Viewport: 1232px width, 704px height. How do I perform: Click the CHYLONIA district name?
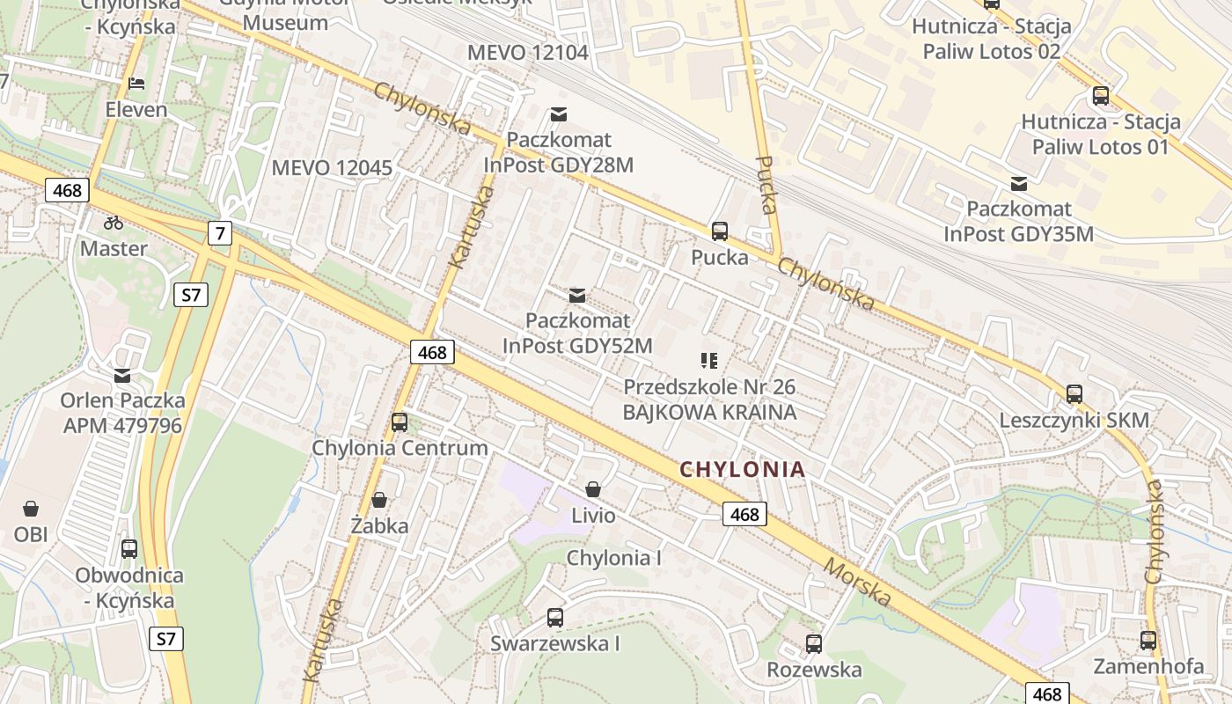coord(743,469)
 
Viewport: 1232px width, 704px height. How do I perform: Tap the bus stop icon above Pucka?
coord(720,231)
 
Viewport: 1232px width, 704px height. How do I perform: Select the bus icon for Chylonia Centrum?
coord(400,422)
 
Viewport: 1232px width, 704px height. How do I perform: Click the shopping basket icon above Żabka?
coord(379,501)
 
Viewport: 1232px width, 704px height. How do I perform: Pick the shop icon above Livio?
coord(594,489)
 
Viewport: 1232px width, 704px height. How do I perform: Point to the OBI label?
coord(31,534)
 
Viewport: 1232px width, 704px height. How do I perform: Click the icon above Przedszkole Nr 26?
coord(709,360)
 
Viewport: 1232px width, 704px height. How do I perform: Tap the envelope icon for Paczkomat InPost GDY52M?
coord(577,296)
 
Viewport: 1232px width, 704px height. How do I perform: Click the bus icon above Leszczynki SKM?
coord(1074,394)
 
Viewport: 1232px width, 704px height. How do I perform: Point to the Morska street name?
coord(858,582)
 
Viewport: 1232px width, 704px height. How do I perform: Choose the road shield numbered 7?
coord(220,233)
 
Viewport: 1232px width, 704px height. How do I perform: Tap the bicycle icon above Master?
coord(114,223)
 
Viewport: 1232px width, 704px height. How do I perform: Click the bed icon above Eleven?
coord(136,84)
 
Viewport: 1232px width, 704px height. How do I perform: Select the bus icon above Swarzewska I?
coord(554,618)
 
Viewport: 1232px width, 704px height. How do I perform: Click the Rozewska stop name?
coord(814,670)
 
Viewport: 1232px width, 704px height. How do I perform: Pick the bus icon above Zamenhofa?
coord(1148,641)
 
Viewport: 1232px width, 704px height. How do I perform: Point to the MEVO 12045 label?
coord(332,167)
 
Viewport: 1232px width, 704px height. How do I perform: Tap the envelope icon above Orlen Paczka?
coord(122,376)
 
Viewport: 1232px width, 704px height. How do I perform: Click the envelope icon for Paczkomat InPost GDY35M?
coord(1019,184)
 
